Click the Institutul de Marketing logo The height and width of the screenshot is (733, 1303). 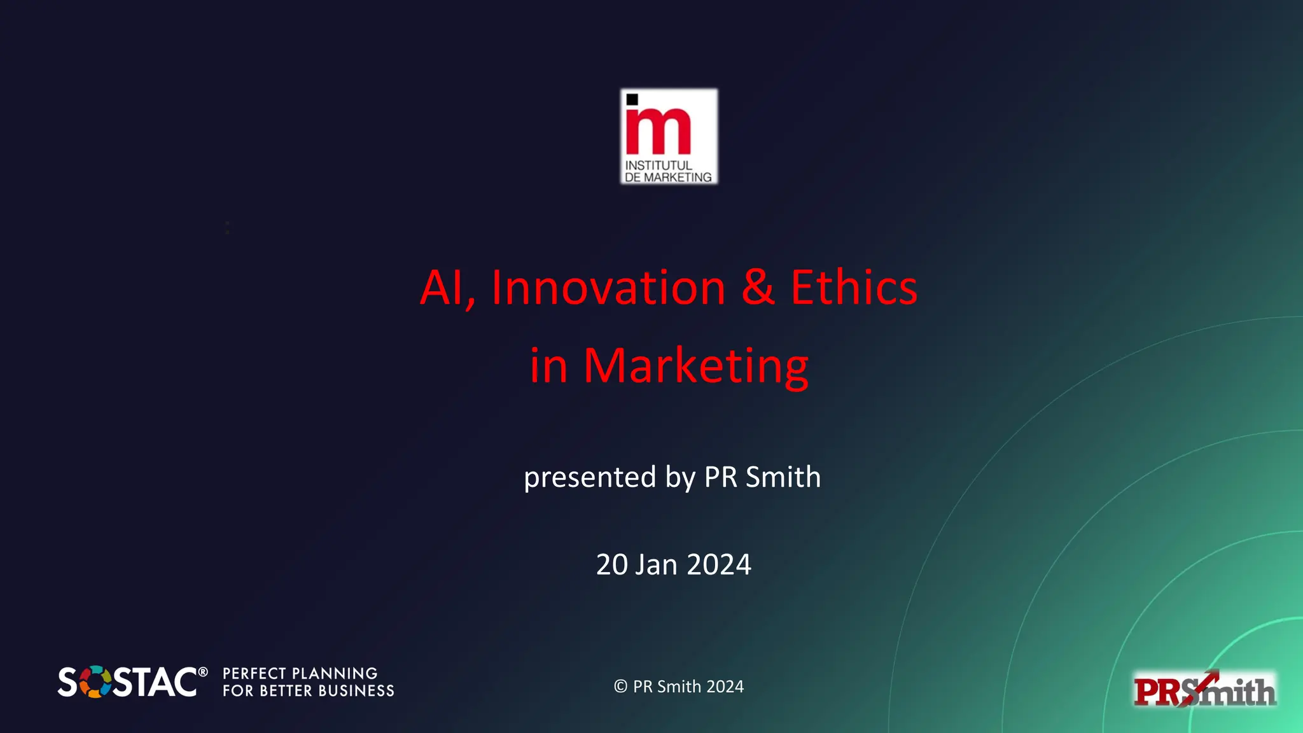tap(669, 137)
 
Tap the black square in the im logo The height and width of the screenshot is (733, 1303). tap(632, 99)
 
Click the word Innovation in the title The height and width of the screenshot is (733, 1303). tap(608, 288)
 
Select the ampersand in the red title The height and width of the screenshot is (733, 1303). tap(758, 288)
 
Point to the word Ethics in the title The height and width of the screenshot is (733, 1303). tap(854, 288)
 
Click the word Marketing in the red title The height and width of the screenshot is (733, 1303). tap(695, 366)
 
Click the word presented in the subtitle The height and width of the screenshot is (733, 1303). tap(590, 477)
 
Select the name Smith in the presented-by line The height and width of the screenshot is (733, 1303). tap(783, 477)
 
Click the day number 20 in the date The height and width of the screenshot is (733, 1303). tap(612, 564)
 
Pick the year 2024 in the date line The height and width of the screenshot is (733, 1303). tap(719, 564)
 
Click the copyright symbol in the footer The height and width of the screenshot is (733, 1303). tap(621, 687)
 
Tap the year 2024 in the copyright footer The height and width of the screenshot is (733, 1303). tap(725, 687)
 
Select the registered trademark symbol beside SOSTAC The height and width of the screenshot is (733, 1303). tap(202, 672)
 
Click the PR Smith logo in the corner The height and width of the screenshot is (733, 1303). tap(1204, 690)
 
